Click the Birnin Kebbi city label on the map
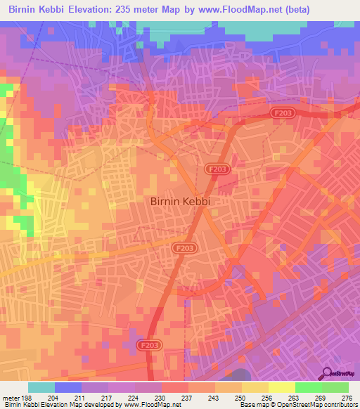click(181, 200)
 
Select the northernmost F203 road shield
click(283, 112)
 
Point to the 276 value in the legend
click(347, 396)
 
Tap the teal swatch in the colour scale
click(41, 387)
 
